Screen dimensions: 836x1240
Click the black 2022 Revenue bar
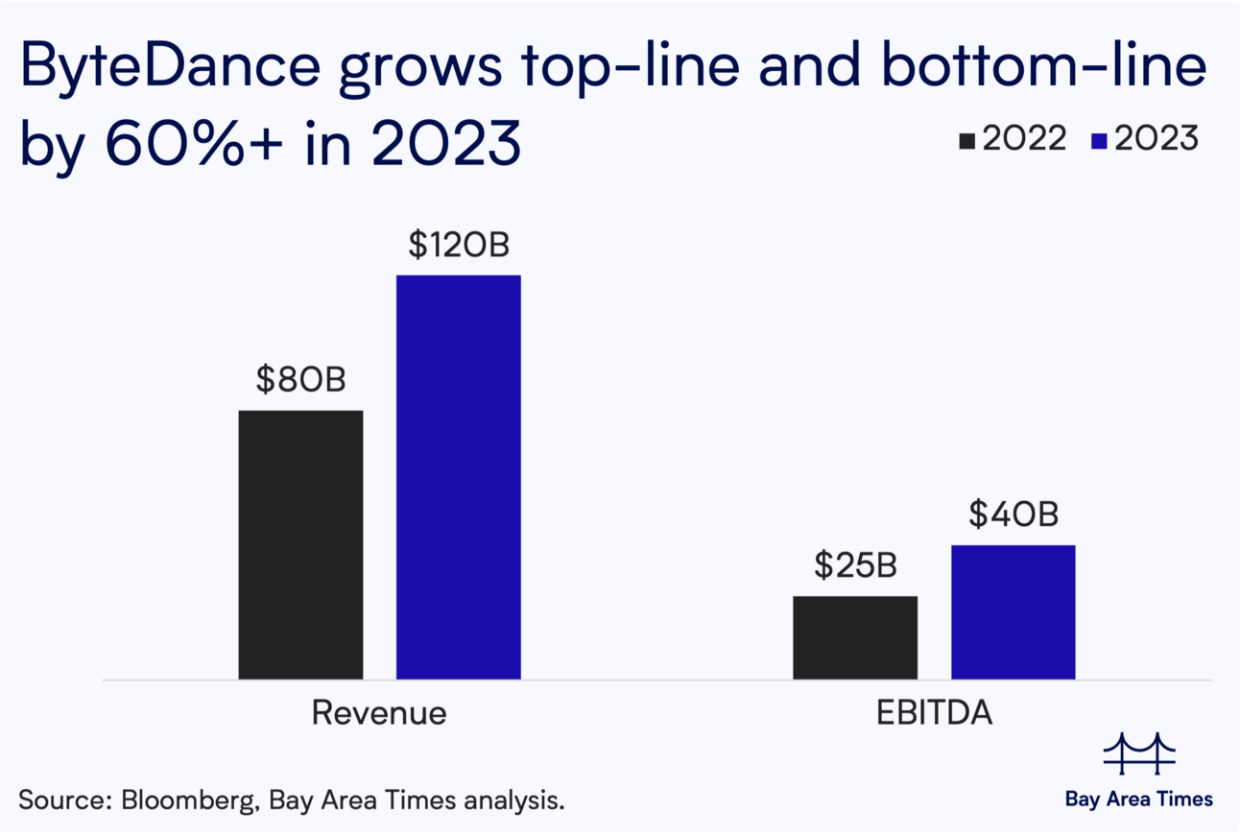click(300, 544)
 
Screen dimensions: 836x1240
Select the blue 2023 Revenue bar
click(458, 477)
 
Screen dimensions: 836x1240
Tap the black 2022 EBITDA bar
click(855, 637)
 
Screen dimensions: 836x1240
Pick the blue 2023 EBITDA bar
click(1013, 612)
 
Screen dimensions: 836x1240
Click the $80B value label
click(300, 380)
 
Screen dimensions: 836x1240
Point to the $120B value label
click(458, 245)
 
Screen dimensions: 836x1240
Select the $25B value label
click(855, 566)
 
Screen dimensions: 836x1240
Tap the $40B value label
click(1013, 515)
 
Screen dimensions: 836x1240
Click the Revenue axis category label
click(379, 713)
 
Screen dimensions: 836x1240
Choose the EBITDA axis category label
click(934, 713)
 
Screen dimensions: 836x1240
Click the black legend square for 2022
click(966, 141)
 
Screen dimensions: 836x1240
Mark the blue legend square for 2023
click(1100, 141)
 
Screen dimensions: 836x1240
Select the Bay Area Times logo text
click(1139, 799)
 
